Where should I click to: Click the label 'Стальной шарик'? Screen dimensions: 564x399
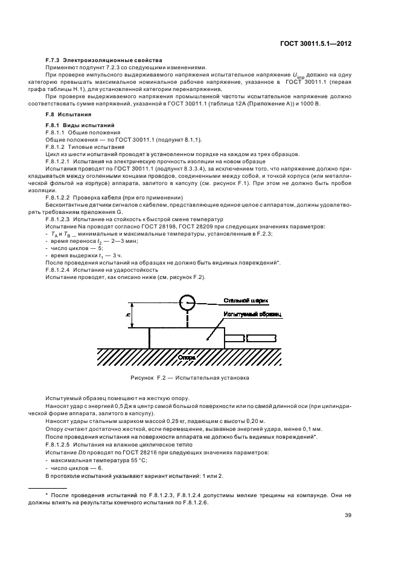tap(246, 299)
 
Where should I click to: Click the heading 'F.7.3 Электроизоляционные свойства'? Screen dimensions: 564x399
tap(104, 61)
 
